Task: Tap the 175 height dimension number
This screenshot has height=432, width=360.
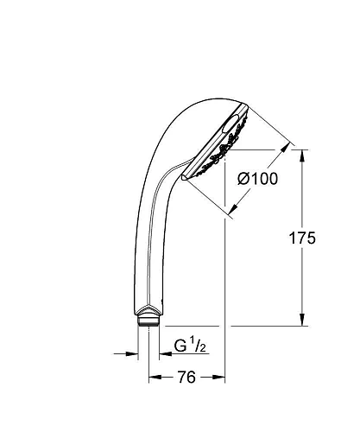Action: (x=319, y=238)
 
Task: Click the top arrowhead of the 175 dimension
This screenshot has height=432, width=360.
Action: (x=301, y=154)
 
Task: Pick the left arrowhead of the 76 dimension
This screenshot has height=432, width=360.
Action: (x=153, y=378)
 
